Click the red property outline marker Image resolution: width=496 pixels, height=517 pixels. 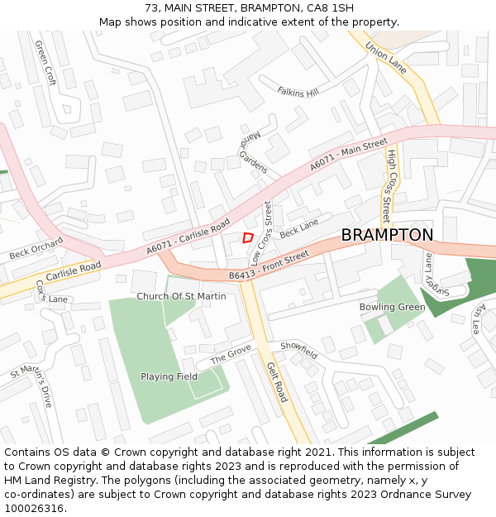pyautogui.click(x=247, y=237)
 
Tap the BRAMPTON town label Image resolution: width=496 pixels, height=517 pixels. pyautogui.click(x=387, y=235)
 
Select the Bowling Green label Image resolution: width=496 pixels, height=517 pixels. pyautogui.click(x=392, y=307)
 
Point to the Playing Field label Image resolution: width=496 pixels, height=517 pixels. pyautogui.click(x=169, y=376)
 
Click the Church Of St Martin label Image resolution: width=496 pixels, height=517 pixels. pyautogui.click(x=181, y=296)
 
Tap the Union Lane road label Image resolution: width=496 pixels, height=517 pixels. pyautogui.click(x=386, y=57)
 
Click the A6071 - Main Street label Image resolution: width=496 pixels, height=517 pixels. pyautogui.click(x=349, y=156)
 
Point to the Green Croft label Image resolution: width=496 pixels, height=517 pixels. pyautogui.click(x=45, y=65)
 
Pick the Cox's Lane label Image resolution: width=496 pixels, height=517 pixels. pyautogui.click(x=51, y=292)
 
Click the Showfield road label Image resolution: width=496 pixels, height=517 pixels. pyautogui.click(x=298, y=350)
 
